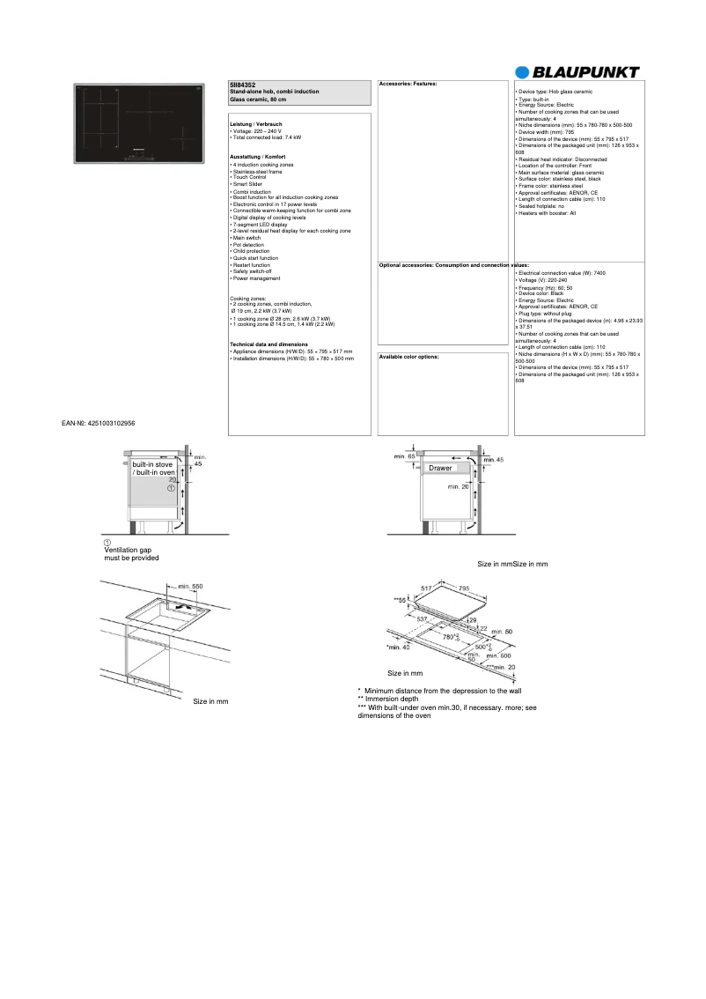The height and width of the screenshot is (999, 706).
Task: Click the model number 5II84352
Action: click(243, 84)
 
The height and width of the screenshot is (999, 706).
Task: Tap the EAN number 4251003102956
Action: click(99, 423)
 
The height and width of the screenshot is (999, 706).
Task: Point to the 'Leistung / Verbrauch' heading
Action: click(255, 124)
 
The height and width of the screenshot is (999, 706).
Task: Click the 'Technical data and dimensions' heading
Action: click(268, 344)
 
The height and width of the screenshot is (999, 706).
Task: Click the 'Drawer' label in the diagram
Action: click(440, 468)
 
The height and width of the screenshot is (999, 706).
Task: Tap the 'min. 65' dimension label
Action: click(405, 456)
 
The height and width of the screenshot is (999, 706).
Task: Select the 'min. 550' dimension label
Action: click(190, 586)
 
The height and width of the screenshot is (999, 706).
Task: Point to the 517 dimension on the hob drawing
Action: click(426, 588)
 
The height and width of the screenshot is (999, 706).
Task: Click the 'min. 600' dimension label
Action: click(499, 655)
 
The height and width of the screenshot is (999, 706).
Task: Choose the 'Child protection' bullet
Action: click(252, 251)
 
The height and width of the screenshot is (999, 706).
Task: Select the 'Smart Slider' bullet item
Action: click(247, 184)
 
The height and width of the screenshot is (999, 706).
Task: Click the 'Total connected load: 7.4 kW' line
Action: click(265, 138)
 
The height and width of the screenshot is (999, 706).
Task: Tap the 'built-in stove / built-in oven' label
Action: click(152, 468)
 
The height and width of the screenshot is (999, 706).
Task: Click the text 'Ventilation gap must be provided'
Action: click(131, 553)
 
